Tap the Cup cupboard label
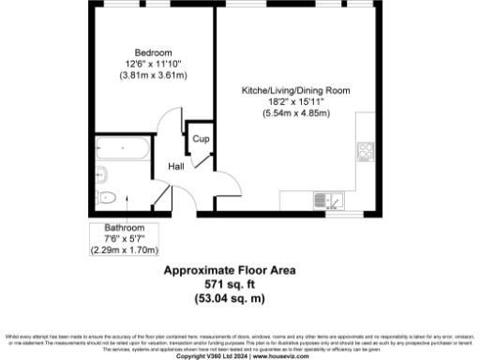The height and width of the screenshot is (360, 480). (200, 139)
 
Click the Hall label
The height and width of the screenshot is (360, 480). (175, 167)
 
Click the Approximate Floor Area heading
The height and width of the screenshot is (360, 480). (230, 271)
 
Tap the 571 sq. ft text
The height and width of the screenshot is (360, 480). (230, 284)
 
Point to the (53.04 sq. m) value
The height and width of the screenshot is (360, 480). (230, 298)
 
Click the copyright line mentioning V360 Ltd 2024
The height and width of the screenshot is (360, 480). (240, 355)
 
